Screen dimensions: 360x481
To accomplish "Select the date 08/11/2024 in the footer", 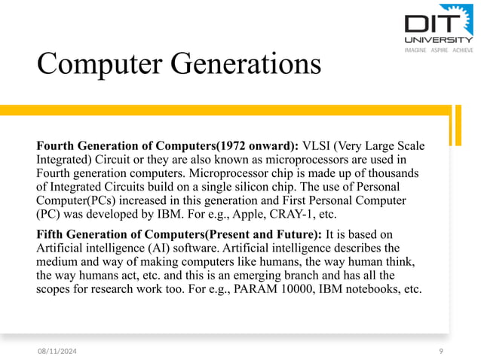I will pyautogui.click(x=61, y=351).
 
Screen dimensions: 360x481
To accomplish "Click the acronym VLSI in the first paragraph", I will pyautogui.click(x=318, y=145).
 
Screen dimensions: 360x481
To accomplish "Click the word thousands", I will pyautogui.click(x=392, y=172).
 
